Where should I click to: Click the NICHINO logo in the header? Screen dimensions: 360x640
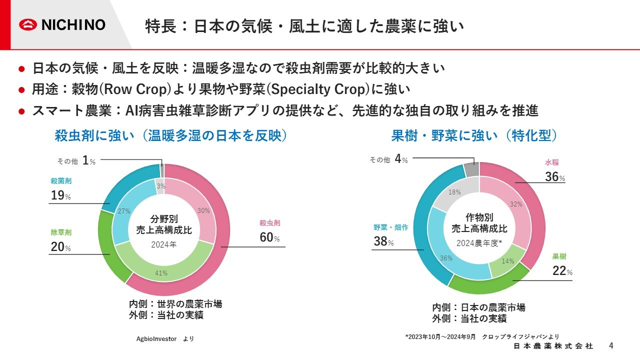pos(62,24)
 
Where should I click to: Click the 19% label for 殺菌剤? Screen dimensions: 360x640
pos(60,196)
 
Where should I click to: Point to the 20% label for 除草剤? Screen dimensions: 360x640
pos(60,246)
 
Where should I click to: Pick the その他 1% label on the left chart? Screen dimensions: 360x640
pos(76,160)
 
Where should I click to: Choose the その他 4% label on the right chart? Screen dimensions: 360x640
pos(388,159)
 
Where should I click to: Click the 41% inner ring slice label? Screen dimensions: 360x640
pos(161,273)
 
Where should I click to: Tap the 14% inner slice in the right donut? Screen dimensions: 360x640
pos(508,261)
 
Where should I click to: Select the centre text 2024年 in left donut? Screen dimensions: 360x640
pos(164,244)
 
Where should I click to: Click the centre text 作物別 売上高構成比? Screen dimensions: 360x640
pos(479,223)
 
